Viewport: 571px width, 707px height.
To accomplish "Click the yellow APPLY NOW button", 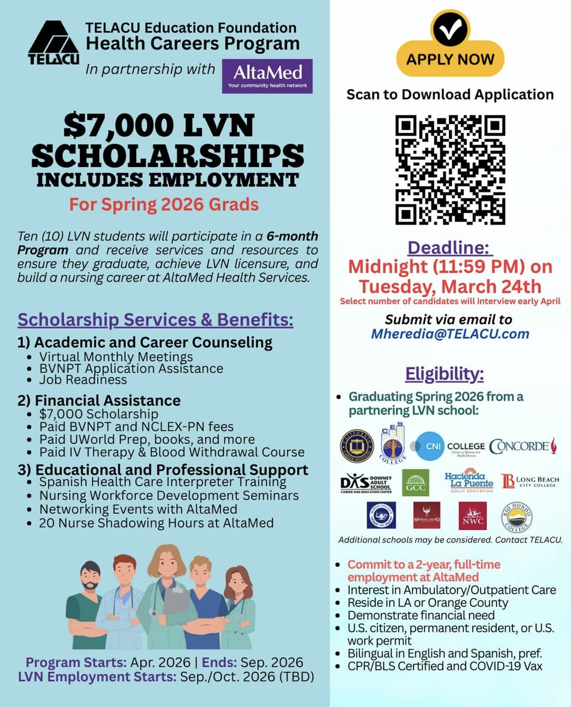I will point(450,59).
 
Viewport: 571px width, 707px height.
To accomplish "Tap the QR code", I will point(450,170).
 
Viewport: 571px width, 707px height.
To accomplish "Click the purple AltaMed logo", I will point(267,76).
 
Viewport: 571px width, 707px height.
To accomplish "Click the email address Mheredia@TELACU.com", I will point(450,334).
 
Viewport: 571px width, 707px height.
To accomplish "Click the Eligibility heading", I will point(445,374).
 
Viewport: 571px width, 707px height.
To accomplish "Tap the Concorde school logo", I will point(523,446).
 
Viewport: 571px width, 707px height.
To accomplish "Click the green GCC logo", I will point(416,483).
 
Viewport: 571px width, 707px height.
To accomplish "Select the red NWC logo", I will point(472,516).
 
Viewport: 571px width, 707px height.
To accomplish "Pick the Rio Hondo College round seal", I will point(516,517).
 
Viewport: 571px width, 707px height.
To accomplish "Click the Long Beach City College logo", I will point(530,481).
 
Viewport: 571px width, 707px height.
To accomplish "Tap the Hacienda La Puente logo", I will point(468,481).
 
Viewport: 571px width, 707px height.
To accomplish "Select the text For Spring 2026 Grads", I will point(164,204).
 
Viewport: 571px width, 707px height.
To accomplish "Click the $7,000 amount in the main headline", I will point(119,126).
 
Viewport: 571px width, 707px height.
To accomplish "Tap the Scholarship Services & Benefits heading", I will point(155,320).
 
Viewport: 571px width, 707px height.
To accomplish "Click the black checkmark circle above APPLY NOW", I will point(450,28).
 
